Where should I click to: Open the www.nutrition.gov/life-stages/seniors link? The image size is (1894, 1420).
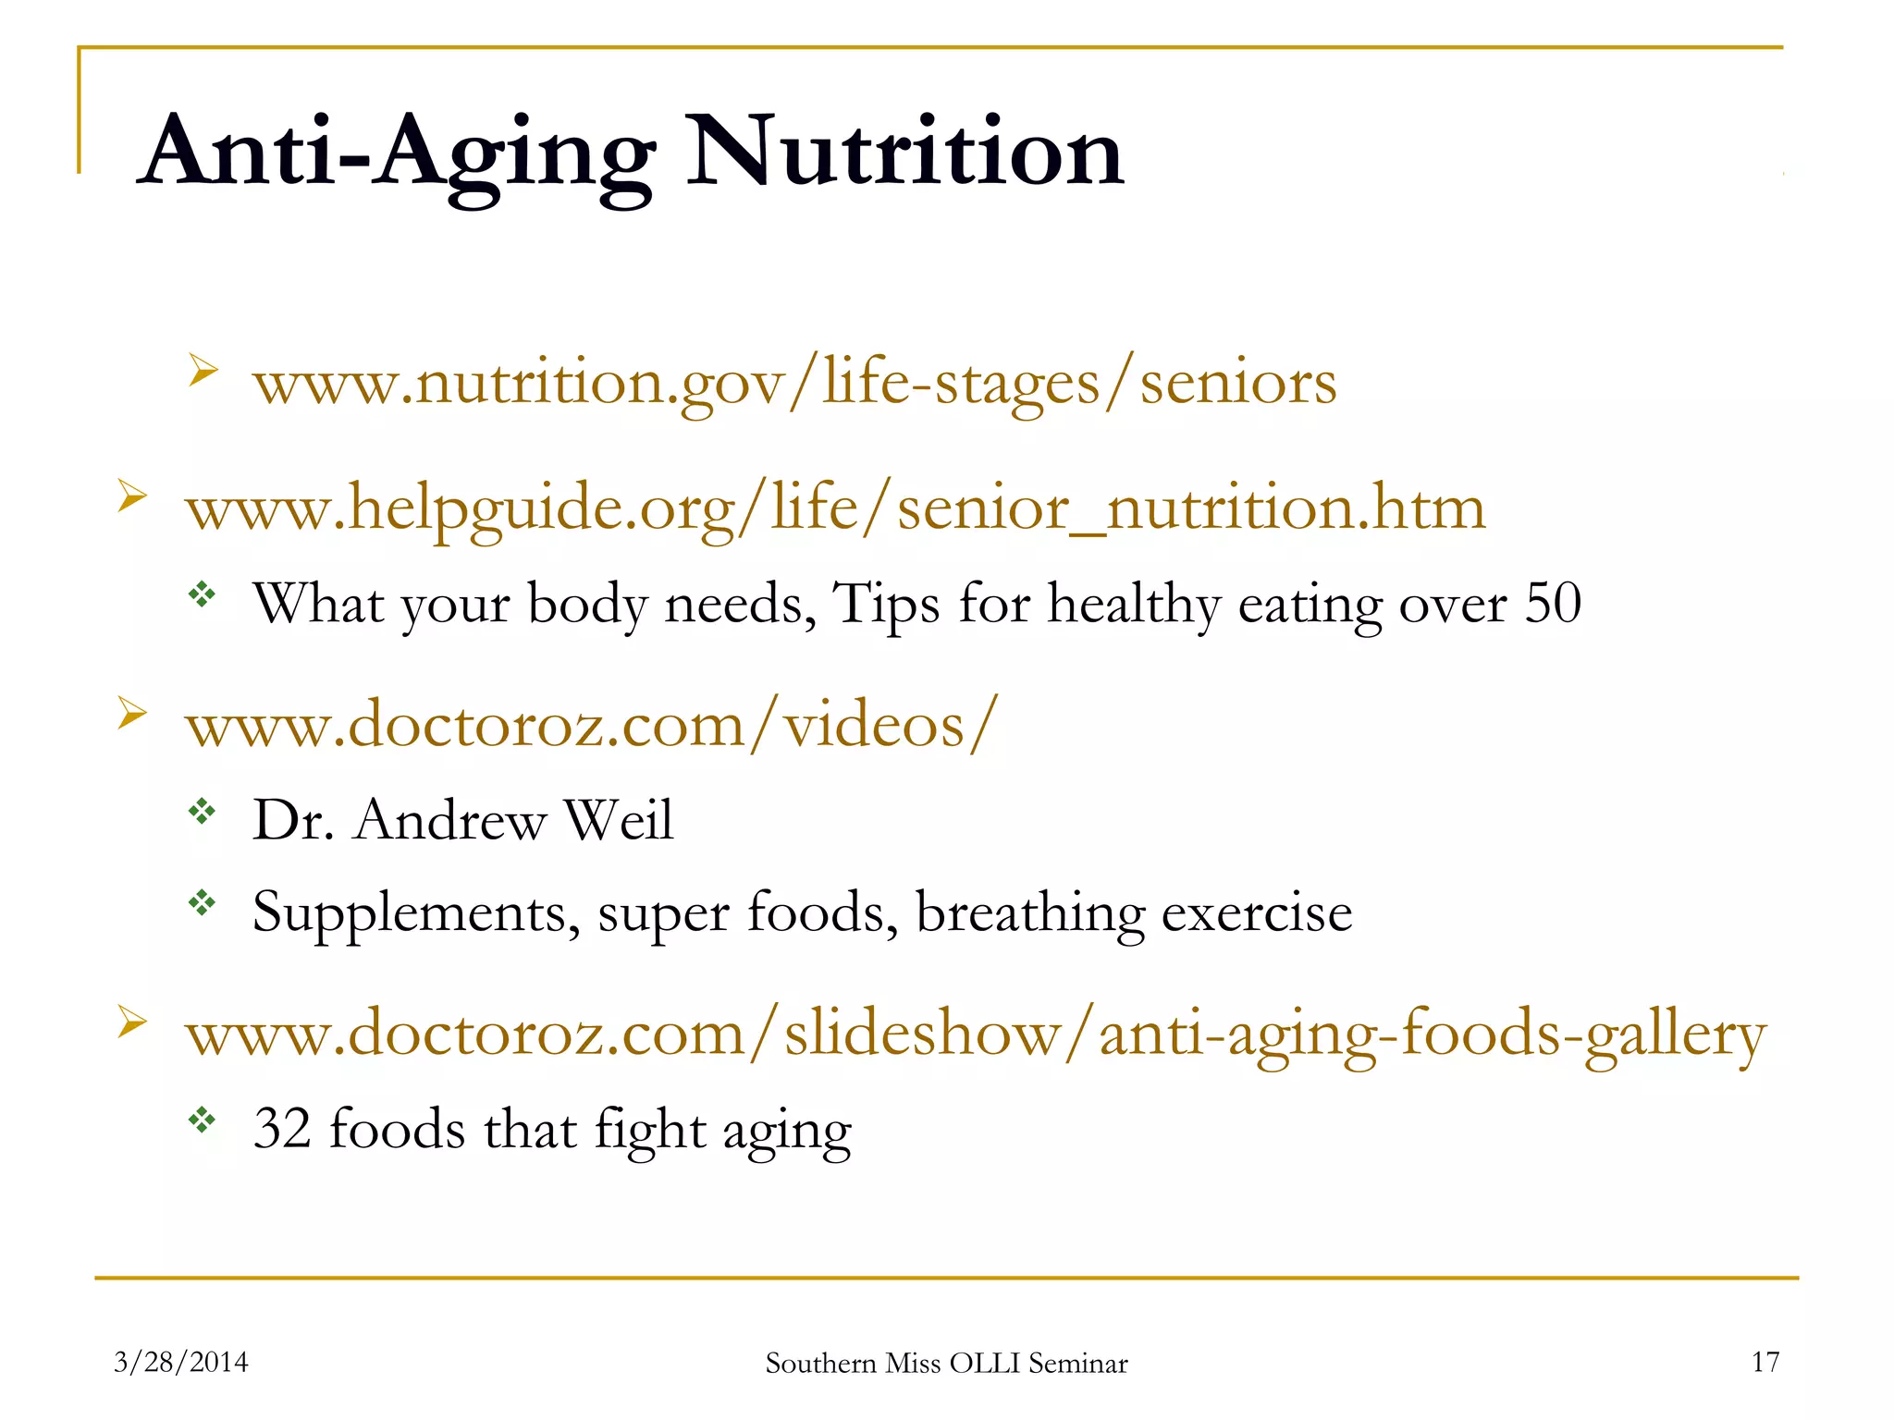point(794,383)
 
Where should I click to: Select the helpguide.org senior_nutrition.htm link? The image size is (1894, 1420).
point(835,508)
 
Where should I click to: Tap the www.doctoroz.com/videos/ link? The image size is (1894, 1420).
point(592,725)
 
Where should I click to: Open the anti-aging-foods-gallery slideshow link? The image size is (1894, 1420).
point(976,1034)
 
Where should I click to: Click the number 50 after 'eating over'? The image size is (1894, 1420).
point(1553,604)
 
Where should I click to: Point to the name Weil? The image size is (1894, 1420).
point(619,820)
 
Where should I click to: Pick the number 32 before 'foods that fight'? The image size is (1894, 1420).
point(282,1129)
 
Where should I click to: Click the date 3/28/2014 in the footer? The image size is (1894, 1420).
point(181,1362)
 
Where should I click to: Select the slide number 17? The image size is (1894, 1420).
point(1765,1362)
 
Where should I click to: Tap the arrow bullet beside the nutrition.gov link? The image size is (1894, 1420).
point(203,370)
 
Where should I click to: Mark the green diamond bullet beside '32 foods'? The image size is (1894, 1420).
point(202,1120)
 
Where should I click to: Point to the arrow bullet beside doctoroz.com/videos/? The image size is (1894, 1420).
point(132,713)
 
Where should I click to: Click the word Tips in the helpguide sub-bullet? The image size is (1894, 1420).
point(886,604)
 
